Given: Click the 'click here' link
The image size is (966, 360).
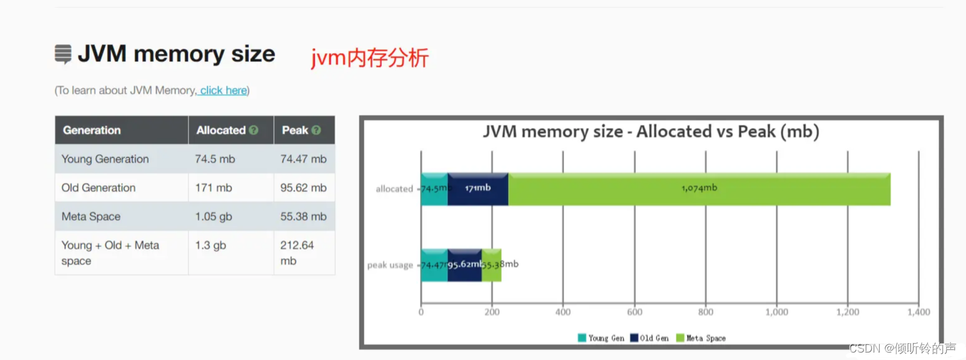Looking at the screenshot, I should (x=223, y=90).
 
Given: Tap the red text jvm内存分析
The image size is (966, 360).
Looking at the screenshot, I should (x=370, y=58).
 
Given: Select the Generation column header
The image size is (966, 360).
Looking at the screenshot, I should (x=92, y=130).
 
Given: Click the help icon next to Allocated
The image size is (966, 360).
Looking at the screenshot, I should (x=253, y=130).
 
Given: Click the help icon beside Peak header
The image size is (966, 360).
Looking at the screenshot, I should (x=316, y=130).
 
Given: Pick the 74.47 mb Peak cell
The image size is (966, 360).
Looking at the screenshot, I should (x=303, y=159).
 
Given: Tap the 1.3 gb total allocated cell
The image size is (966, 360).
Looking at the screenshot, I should (x=211, y=246).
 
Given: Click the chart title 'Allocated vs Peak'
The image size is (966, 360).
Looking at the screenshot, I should (x=651, y=132).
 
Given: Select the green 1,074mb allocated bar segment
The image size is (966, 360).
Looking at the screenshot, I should (x=699, y=188).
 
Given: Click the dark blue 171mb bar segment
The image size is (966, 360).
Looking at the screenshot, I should (x=478, y=188).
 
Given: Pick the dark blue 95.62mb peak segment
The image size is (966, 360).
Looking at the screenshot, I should (x=465, y=265).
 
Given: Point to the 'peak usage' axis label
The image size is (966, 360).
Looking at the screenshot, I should (x=390, y=265).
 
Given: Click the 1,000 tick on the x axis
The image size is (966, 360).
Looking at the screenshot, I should (x=776, y=312).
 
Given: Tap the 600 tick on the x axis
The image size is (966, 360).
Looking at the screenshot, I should (x=635, y=312).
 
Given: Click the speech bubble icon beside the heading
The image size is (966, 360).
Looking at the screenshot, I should (x=63, y=54).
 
